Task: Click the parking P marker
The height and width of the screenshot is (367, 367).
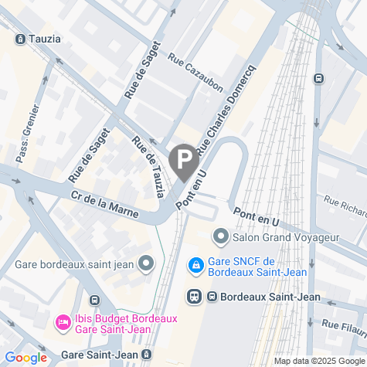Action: coord(183,161)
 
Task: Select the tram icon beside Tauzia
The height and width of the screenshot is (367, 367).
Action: coord(19,38)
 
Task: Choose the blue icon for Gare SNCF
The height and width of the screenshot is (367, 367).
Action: coord(197,265)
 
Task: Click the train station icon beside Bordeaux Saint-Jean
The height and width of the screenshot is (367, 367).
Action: coord(195,296)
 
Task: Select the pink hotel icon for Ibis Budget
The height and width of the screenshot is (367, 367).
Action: coord(62,321)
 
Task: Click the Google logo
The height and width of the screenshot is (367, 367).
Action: coord(25,358)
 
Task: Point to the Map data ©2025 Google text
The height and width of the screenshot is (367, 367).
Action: coord(318,361)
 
